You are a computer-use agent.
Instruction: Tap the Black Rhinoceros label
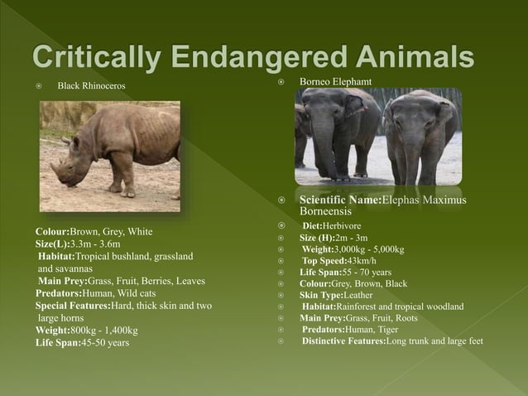(91, 86)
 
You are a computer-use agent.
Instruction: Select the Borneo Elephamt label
(335, 81)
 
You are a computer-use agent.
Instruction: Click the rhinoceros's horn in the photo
(55, 170)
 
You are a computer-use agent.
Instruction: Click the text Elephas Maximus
(423, 200)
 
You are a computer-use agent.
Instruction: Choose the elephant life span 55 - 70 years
(363, 272)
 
